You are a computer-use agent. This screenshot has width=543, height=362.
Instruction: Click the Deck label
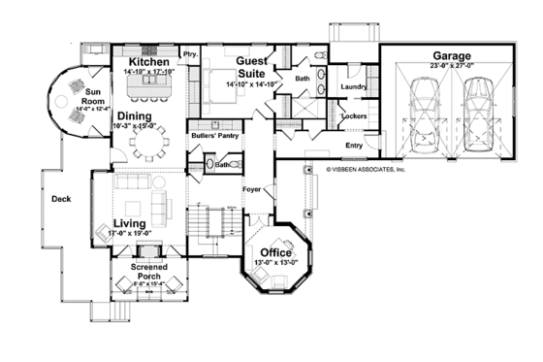click(x=60, y=199)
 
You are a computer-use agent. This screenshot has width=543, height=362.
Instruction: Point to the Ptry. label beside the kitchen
click(x=190, y=55)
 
